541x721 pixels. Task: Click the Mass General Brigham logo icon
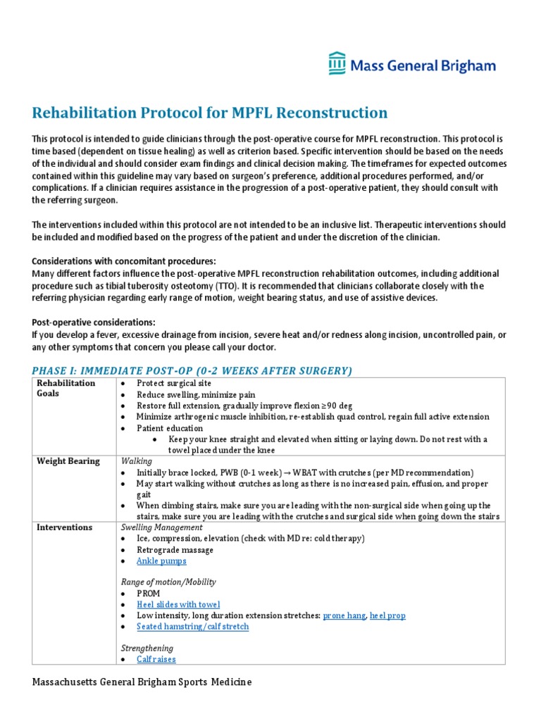pos(337,63)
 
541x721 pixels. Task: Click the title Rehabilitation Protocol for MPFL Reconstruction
pos(210,113)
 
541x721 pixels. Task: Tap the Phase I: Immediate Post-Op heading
pos(192,370)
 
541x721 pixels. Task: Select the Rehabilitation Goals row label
pos(66,388)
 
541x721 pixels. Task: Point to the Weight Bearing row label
pos(68,461)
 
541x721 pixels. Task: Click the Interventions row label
pos(65,527)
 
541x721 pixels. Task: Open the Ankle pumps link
pos(161,561)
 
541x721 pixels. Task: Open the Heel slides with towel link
pos(178,604)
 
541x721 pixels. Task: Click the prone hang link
pos(344,615)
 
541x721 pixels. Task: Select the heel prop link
pos(387,615)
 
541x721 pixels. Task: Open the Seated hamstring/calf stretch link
pos(192,626)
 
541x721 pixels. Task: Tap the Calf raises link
pos(156,659)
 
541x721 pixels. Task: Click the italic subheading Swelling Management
pos(162,527)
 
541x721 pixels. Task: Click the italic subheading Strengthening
pos(147,648)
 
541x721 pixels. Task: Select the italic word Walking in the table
pos(137,461)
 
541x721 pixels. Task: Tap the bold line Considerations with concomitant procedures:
pos(124,261)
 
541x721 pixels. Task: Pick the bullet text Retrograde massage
pos(176,550)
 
